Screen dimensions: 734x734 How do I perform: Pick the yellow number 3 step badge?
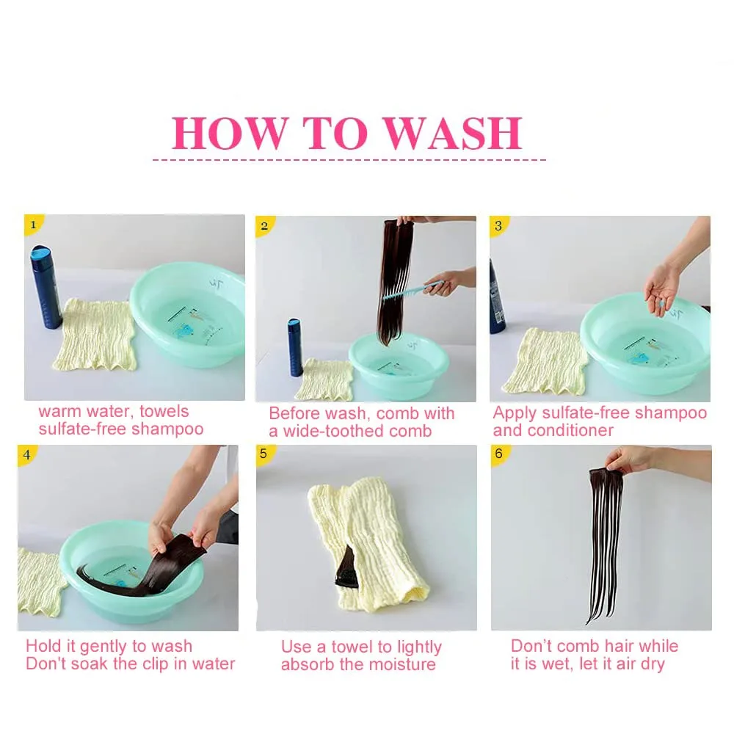[x=498, y=225]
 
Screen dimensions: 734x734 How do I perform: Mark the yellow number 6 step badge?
[x=499, y=454]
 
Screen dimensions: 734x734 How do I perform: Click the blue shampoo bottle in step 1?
[x=46, y=287]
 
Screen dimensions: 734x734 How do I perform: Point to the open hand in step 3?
[x=662, y=288]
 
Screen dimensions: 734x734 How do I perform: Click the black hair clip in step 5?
[x=345, y=568]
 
